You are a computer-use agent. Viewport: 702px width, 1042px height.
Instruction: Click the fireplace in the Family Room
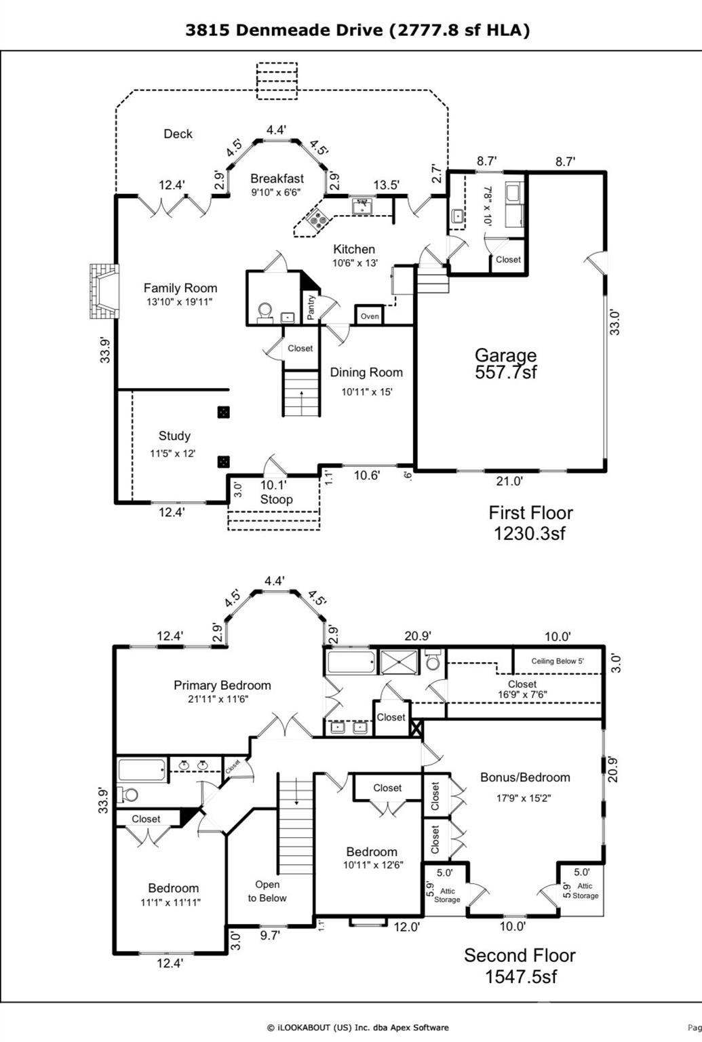tap(102, 291)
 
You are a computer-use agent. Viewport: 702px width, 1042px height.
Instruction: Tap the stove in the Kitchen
tap(317, 219)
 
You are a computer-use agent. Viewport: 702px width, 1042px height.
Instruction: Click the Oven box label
tap(370, 316)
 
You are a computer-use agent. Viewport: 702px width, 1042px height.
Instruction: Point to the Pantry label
tap(311, 307)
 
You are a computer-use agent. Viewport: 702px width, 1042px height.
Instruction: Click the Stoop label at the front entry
tap(276, 499)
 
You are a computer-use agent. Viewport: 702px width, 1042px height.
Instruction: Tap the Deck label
tap(178, 134)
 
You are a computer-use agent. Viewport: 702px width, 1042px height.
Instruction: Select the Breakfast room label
tap(277, 178)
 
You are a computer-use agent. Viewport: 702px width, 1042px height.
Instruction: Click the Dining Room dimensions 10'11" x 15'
tap(366, 391)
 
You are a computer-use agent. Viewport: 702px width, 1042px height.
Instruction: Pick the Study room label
tap(174, 436)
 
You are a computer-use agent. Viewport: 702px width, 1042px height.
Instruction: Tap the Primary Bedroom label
tap(222, 685)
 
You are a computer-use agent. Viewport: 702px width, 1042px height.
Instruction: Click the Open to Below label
tap(267, 891)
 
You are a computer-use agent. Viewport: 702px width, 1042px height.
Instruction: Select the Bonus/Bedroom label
tap(525, 777)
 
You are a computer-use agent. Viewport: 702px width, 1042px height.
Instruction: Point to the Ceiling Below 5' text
tap(557, 661)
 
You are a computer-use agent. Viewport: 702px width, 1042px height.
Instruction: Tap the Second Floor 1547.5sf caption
tap(520, 965)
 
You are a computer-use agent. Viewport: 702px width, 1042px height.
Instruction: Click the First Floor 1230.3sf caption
tap(530, 522)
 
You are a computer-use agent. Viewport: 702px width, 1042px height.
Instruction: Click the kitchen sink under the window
tap(364, 206)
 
